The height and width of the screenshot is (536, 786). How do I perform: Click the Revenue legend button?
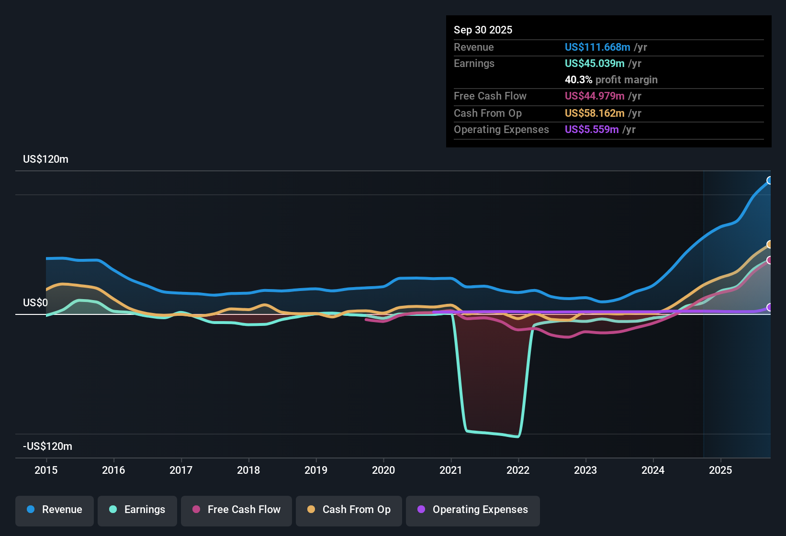tap(55, 510)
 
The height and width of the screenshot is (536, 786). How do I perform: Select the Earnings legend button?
tap(137, 510)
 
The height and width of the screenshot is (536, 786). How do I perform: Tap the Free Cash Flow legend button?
tap(236, 510)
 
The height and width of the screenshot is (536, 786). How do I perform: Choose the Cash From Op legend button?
tap(349, 510)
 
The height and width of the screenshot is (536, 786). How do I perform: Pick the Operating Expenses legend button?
tap(473, 510)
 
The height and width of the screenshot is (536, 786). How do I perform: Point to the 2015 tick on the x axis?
tap(46, 470)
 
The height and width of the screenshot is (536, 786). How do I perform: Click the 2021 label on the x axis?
tap(451, 470)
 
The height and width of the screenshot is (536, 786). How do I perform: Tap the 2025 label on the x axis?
tap(720, 470)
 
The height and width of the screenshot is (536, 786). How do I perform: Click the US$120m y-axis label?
tap(45, 159)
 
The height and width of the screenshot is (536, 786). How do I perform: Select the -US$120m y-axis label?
tap(47, 447)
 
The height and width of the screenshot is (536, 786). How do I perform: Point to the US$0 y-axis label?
tap(35, 303)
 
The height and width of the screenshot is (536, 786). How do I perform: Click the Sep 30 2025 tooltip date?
tap(483, 30)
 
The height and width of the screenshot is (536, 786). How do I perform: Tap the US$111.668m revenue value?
tap(597, 47)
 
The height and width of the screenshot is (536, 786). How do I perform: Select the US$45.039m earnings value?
tap(594, 63)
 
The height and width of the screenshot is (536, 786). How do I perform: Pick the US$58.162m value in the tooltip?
tap(594, 113)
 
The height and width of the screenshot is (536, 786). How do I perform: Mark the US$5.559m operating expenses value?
tap(591, 129)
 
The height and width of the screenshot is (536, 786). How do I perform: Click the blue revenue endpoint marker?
tap(770, 180)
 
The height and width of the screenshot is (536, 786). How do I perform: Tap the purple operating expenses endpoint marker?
tap(770, 307)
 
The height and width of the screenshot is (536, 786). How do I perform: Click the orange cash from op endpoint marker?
tap(770, 245)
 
